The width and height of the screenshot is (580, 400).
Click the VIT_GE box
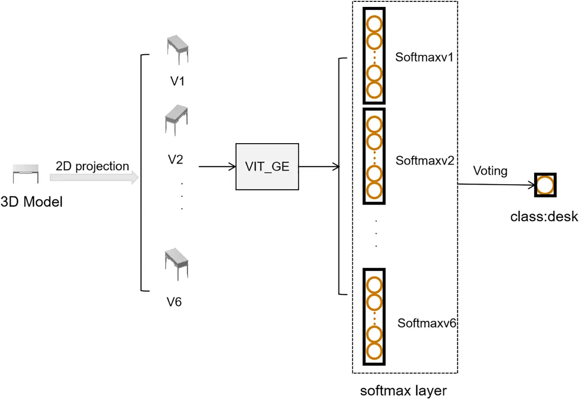[267, 167]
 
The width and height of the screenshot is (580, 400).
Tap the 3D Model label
[32, 202]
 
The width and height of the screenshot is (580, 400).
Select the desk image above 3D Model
[26, 174]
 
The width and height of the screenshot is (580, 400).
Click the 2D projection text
[92, 166]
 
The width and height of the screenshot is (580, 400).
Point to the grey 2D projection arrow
[94, 177]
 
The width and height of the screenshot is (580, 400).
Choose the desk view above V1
[178, 49]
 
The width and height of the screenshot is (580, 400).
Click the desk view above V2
[176, 120]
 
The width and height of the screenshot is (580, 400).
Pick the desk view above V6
[176, 264]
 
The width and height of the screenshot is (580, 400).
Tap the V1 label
[177, 81]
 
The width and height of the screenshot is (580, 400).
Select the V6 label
[174, 302]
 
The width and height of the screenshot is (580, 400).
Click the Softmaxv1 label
[424, 57]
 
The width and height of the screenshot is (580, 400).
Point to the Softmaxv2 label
[425, 161]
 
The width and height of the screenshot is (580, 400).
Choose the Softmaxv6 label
[427, 323]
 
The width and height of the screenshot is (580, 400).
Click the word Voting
[490, 171]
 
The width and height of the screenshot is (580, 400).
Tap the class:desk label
[544, 216]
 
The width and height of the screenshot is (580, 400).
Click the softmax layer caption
[403, 391]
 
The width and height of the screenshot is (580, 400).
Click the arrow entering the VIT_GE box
[217, 167]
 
